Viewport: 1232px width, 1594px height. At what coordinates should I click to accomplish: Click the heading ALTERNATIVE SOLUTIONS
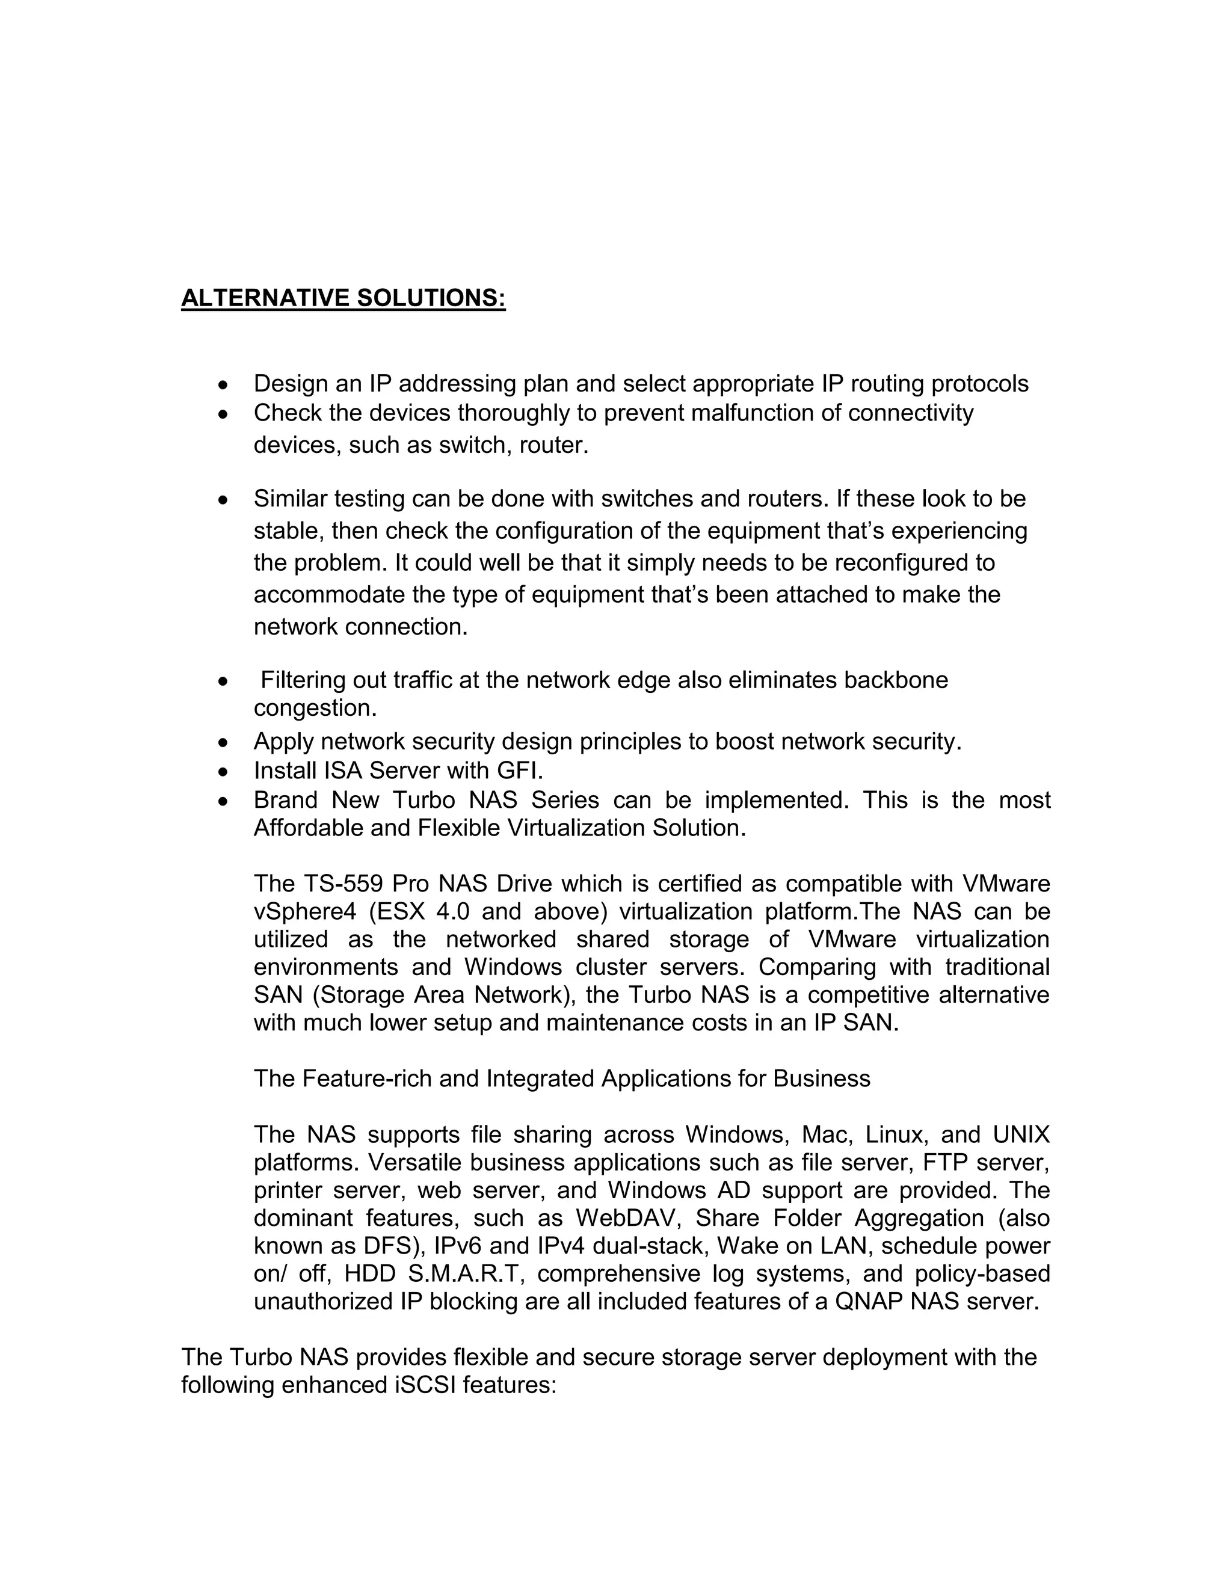[343, 298]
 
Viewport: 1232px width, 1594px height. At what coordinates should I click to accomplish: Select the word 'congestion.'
[315, 708]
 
